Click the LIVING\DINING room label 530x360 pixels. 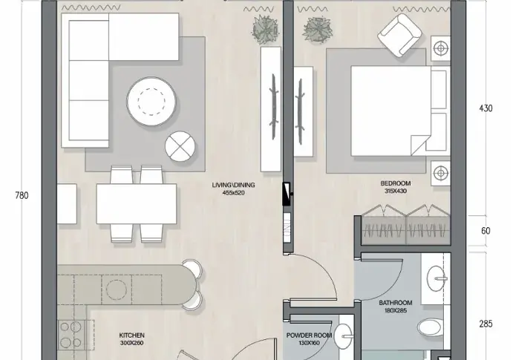233,185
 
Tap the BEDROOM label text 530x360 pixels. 396,183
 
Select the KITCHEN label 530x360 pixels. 132,336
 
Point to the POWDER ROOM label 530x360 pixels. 309,336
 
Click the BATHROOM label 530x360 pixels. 396,303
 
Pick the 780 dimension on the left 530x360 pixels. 22,195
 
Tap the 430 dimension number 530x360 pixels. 485,108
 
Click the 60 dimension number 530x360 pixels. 485,231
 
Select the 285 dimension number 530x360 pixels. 485,324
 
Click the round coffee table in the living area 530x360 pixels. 151,102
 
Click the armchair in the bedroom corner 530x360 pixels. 400,35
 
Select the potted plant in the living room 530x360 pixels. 266,30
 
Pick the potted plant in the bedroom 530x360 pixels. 318,30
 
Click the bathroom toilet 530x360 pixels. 429,327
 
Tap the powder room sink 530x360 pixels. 343,336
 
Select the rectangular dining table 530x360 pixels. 137,203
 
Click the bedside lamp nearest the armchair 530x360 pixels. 441,48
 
